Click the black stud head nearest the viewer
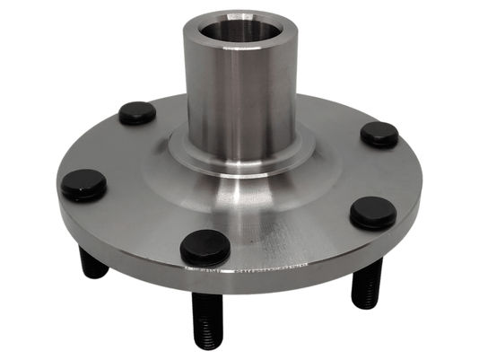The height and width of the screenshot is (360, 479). (x=205, y=247)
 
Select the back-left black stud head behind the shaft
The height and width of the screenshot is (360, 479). (x=137, y=113)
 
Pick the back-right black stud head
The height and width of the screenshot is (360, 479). (x=379, y=134)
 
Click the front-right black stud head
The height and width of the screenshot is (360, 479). (x=373, y=212)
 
